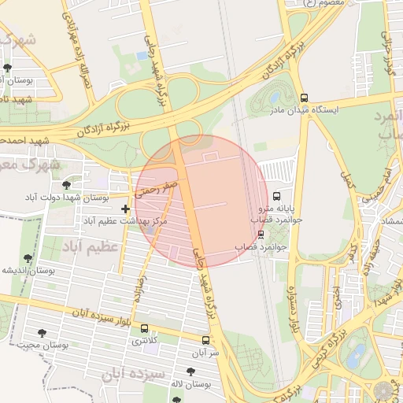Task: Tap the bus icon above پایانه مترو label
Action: pyautogui.click(x=276, y=196)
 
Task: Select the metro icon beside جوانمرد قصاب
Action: pyautogui.click(x=261, y=234)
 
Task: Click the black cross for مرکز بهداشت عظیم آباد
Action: pyautogui.click(x=126, y=209)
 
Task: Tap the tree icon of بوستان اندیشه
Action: pyautogui.click(x=29, y=257)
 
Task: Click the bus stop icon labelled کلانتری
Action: pyautogui.click(x=144, y=328)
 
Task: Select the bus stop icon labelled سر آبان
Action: pyautogui.click(x=205, y=341)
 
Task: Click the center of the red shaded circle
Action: pyautogui.click(x=201, y=202)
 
